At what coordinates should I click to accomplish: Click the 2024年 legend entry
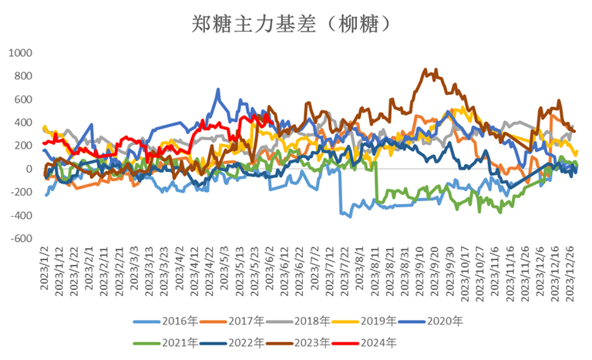pos(412,341)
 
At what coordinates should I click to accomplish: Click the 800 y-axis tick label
pos(23,76)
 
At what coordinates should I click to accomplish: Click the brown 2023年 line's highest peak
pos(426,69)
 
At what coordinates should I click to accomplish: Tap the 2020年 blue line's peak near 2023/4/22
pos(218,90)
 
